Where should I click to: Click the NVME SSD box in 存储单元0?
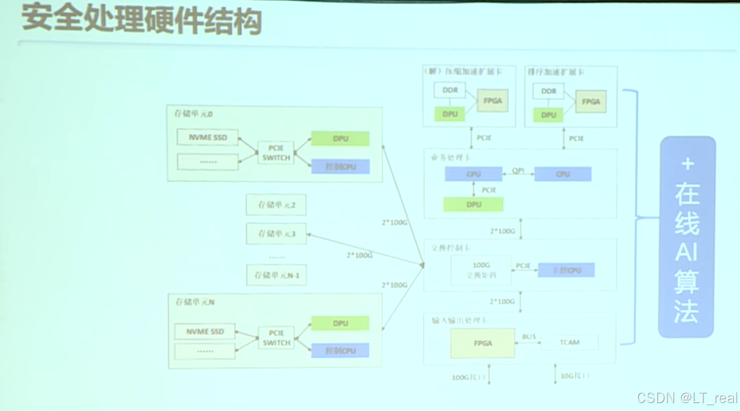pyautogui.click(x=208, y=138)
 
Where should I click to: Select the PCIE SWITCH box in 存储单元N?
pyautogui.click(x=276, y=339)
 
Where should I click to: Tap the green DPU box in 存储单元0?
pyautogui.click(x=340, y=139)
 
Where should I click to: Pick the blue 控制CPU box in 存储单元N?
pyautogui.click(x=340, y=350)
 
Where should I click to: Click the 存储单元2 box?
pyautogui.click(x=276, y=205)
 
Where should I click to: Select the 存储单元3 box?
pyautogui.click(x=276, y=233)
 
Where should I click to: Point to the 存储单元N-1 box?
pyautogui.click(x=276, y=275)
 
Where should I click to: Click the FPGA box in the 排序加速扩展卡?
pyautogui.click(x=590, y=102)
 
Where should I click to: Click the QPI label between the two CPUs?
pyautogui.click(x=518, y=170)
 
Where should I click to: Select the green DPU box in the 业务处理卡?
pyautogui.click(x=473, y=205)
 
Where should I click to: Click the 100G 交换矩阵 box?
pyautogui.click(x=480, y=269)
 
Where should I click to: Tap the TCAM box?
pyautogui.click(x=569, y=342)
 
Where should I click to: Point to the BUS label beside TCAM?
pyautogui.click(x=528, y=337)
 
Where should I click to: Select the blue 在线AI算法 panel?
pyautogui.click(x=687, y=237)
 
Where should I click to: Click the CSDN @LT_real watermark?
pyautogui.click(x=686, y=398)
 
